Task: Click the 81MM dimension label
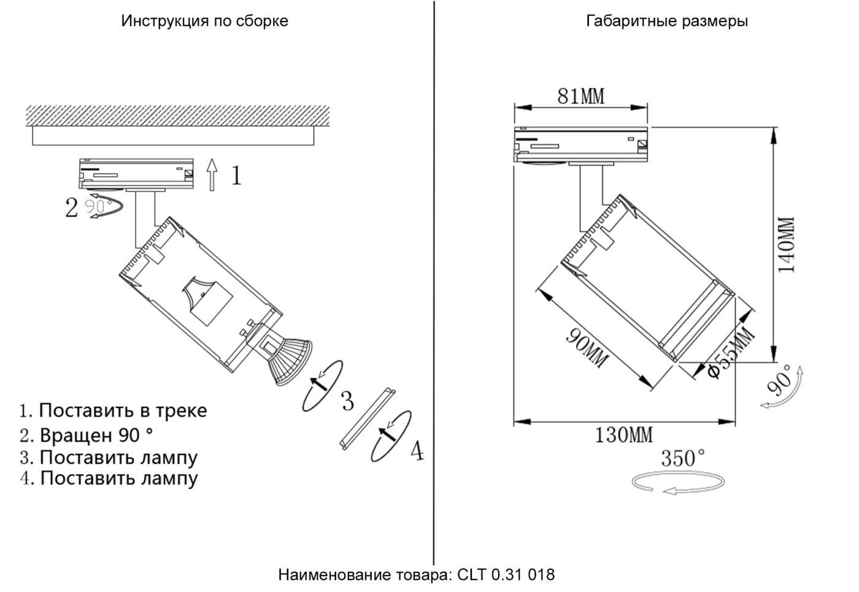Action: coord(580,96)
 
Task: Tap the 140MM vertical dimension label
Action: coord(786,244)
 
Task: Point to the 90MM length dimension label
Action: coord(587,348)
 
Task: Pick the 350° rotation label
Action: coord(682,458)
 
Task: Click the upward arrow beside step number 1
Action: coord(212,174)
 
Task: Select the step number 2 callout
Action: coord(72,208)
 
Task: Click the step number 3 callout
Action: coord(347,401)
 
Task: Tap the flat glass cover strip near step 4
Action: coord(367,419)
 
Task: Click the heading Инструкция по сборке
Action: coord(204,21)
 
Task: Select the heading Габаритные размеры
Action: coord(667,21)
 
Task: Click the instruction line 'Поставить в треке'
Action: coord(114,410)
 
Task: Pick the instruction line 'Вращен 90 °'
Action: coord(87,435)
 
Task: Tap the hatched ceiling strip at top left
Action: coord(178,115)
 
